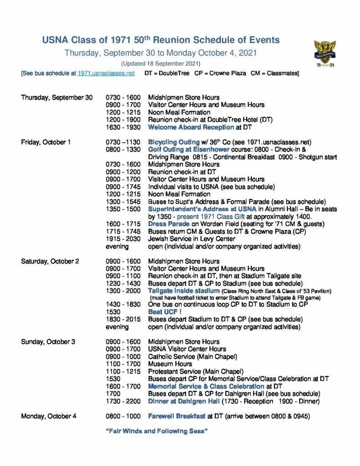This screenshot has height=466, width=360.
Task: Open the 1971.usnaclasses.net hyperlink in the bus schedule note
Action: [106, 73]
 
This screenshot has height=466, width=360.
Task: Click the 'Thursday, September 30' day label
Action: [56, 97]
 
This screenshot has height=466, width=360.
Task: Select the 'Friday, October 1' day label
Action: [46, 142]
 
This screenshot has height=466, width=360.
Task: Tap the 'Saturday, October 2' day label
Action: [50, 261]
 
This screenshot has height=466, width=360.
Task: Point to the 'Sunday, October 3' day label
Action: [48, 342]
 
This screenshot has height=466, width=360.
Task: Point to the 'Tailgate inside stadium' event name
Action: [184, 291]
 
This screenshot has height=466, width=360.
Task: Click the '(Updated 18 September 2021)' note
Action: [161, 63]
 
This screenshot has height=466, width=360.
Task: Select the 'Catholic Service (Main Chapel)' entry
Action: [193, 357]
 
